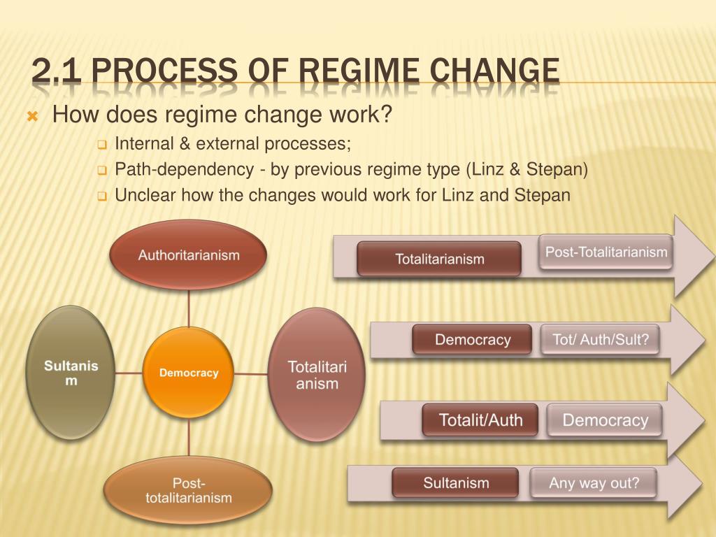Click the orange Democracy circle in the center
pos(188,373)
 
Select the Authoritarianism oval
pos(188,255)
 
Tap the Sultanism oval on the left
pos(71,373)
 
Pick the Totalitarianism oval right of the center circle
pos(317,375)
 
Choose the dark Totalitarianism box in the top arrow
pos(439,259)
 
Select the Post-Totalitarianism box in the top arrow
pos(606,252)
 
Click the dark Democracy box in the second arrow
pos(472,340)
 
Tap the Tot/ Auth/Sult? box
pos(600,340)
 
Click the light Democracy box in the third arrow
pos(605,420)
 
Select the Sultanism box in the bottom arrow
pos(455,482)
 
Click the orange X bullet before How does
pos(31,116)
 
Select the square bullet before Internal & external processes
pos(101,145)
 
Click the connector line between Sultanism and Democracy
pos(129,373)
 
